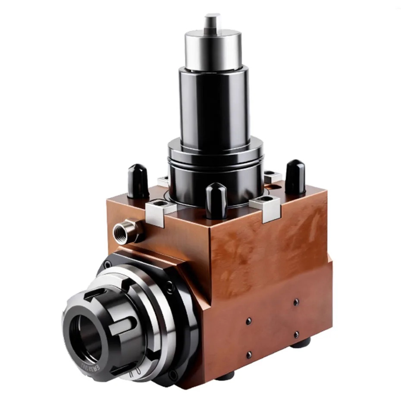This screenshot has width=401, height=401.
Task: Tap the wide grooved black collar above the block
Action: click(x=215, y=166)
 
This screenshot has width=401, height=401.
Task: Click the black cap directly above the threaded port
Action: click(x=138, y=181)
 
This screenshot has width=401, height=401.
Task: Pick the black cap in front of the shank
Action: click(x=216, y=200)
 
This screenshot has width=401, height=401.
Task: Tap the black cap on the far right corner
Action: click(x=295, y=177)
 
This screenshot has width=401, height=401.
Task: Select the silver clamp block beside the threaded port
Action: click(x=160, y=211)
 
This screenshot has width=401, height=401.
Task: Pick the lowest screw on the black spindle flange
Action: click(x=172, y=375)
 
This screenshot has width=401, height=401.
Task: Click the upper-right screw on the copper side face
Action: click(x=296, y=302)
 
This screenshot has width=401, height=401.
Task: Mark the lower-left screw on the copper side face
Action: click(x=249, y=354)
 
